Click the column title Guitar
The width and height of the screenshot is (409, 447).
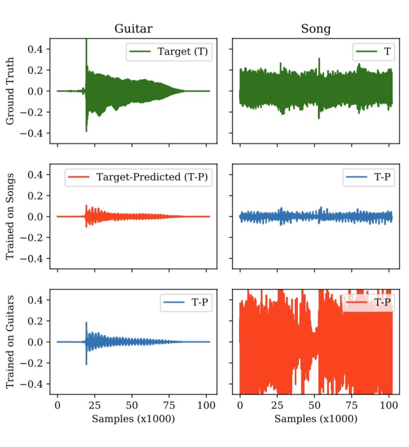(x=133, y=29)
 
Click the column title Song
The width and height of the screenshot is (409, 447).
(x=315, y=29)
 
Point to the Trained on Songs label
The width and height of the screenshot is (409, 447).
(x=10, y=216)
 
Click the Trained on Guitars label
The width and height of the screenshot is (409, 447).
(x=10, y=342)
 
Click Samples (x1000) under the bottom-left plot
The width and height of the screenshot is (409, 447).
(x=133, y=419)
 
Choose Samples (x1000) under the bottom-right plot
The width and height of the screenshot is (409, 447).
(x=315, y=419)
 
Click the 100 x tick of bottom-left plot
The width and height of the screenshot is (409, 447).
(x=207, y=405)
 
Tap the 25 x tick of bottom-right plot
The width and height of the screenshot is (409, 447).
(x=278, y=405)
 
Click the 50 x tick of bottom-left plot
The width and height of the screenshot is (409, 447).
(x=132, y=405)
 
